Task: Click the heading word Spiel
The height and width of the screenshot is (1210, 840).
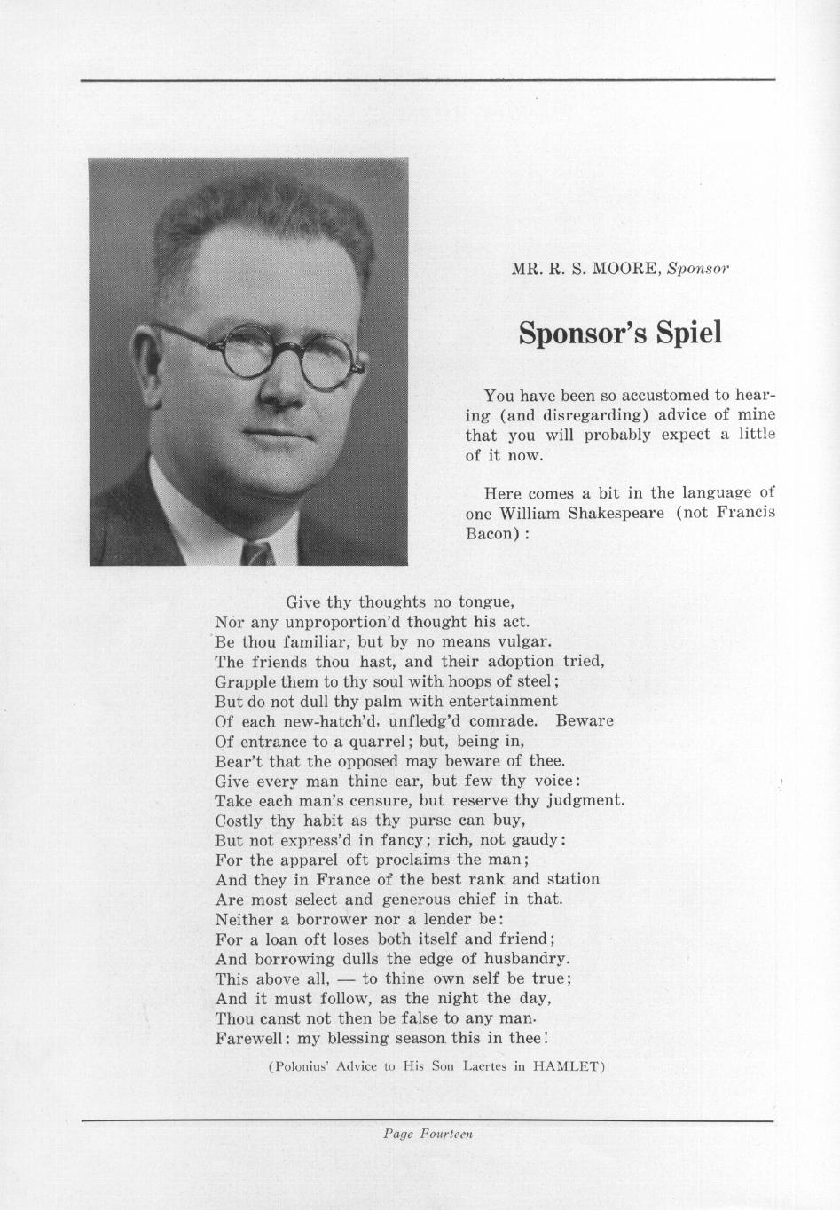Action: (688, 333)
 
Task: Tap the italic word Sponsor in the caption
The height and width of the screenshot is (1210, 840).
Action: (697, 268)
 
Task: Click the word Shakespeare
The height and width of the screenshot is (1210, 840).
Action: (619, 513)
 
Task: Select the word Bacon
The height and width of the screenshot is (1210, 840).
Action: (489, 533)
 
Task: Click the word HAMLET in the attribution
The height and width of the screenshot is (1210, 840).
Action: (567, 1067)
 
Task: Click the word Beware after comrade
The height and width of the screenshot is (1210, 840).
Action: (585, 721)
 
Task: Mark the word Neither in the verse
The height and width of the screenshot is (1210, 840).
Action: (246, 919)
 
